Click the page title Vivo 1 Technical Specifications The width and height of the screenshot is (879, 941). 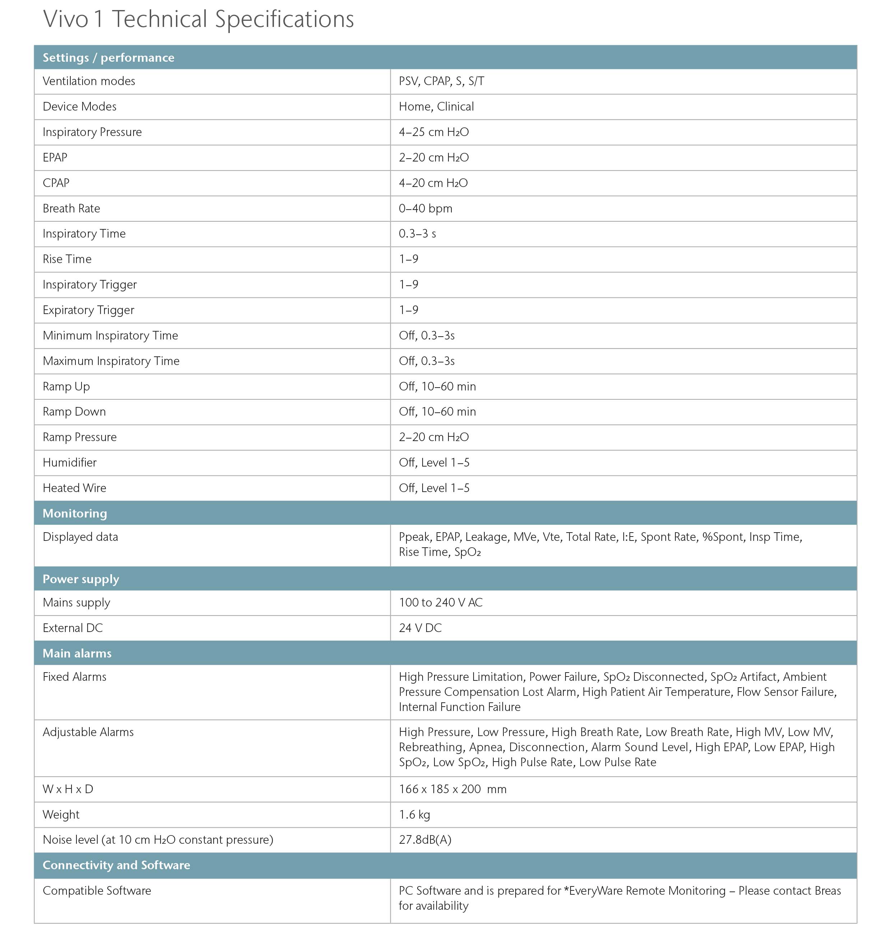point(198,20)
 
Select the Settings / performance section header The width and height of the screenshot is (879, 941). point(108,58)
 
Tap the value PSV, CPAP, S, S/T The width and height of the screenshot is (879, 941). point(441,81)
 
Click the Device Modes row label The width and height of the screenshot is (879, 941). point(80,107)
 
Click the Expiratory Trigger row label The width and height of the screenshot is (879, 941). point(89,310)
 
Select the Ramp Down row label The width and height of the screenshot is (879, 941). point(74,412)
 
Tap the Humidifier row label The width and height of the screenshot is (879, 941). point(70,463)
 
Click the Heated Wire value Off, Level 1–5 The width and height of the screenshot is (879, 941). point(434,488)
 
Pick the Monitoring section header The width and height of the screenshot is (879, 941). point(75,514)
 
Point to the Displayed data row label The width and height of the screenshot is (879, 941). point(80,537)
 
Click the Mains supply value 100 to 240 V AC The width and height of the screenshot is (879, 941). point(441,603)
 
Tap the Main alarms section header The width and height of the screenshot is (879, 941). point(77,654)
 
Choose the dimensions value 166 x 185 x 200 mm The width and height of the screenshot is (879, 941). point(452,790)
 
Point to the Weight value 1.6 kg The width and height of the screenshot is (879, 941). point(414,815)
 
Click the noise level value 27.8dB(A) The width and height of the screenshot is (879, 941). point(425,840)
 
